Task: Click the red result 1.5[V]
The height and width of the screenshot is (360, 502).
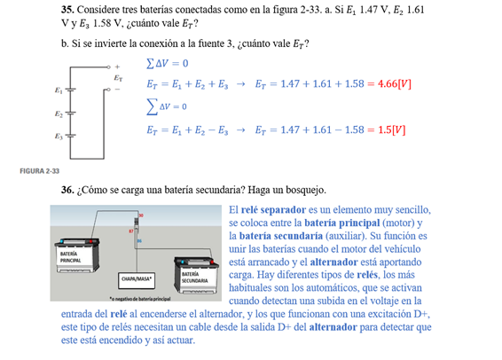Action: click(388, 129)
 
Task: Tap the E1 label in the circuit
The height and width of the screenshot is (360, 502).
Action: click(58, 90)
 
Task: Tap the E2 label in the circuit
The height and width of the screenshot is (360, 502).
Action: click(58, 113)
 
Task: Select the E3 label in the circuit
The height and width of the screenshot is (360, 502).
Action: click(58, 137)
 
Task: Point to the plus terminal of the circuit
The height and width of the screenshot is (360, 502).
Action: click(115, 66)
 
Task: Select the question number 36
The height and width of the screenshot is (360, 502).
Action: click(68, 190)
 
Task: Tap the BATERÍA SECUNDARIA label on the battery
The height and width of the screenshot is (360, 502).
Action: click(194, 278)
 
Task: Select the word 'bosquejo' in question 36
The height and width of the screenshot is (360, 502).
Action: click(303, 190)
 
